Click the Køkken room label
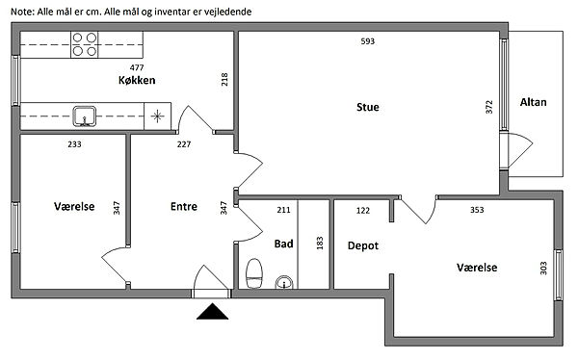137,80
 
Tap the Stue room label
368,107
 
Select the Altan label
533,102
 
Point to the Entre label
184,206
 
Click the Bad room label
283,244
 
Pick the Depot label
363,245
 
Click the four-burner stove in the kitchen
85,44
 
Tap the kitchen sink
85,116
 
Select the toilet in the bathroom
254,273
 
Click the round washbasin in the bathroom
284,282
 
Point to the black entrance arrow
212,311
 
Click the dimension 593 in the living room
368,41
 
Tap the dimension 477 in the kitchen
137,67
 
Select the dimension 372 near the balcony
489,107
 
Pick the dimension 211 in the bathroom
283,210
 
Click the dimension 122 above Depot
363,211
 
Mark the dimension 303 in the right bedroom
543,268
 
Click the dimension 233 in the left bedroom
74,144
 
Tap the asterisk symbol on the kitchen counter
157,116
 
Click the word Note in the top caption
22,12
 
